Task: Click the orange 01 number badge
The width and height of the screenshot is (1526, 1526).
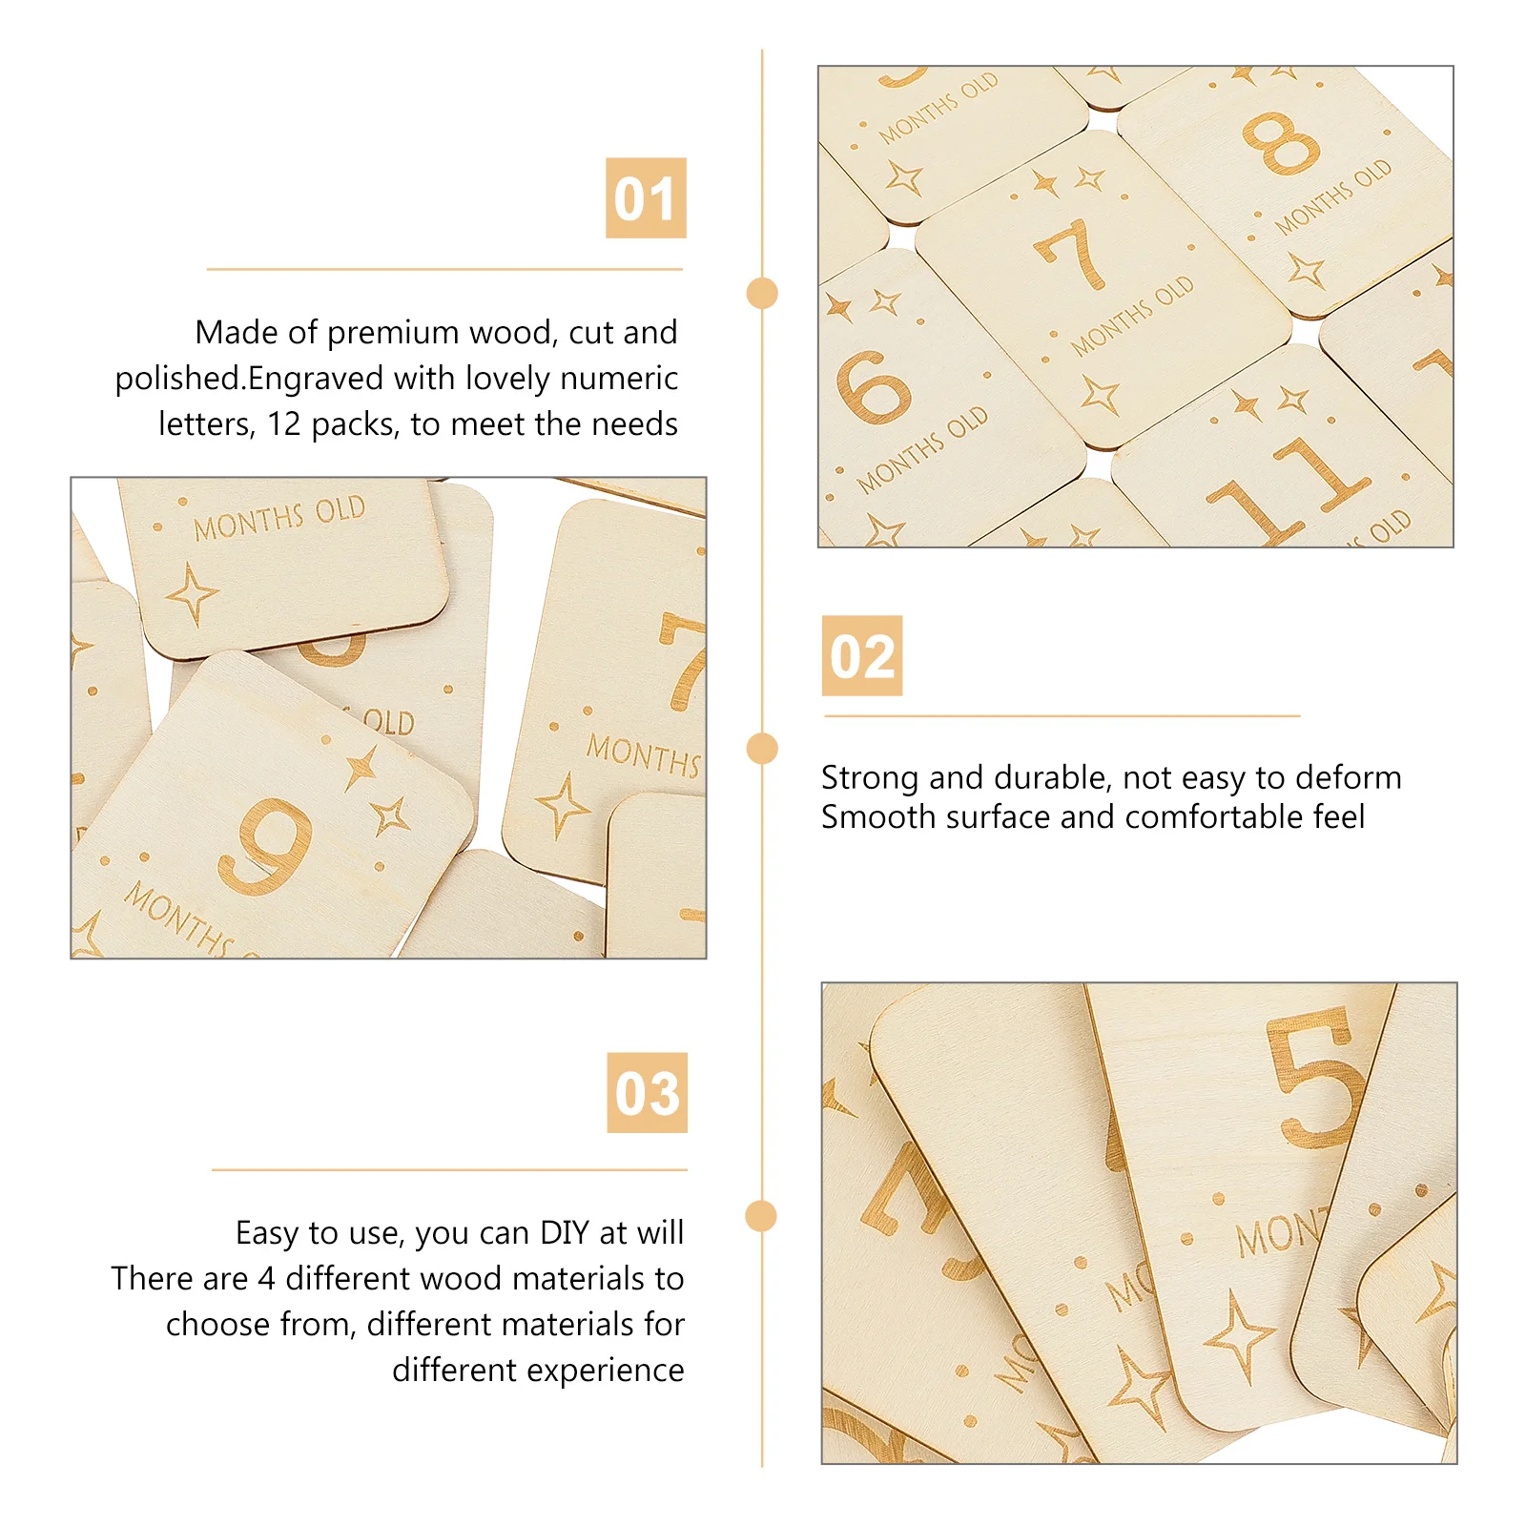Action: [646, 198]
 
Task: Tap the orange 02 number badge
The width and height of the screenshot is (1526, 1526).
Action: [862, 656]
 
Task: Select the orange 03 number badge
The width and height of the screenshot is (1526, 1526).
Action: [647, 1093]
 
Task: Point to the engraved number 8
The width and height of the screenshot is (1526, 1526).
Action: [1281, 143]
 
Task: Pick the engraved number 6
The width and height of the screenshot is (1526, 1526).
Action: [873, 386]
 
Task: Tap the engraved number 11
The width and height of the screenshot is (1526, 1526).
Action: [1288, 491]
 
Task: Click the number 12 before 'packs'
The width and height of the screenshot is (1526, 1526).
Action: [284, 424]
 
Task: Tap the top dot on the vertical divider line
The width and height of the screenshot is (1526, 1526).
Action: [762, 293]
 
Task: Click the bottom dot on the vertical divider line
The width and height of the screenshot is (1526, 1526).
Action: [761, 1216]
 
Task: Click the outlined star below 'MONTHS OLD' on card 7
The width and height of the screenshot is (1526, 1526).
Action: [1100, 394]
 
